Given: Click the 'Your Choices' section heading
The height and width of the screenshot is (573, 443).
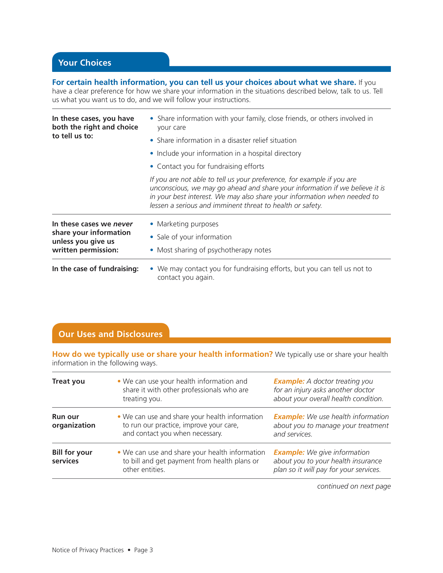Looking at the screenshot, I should pos(84,63).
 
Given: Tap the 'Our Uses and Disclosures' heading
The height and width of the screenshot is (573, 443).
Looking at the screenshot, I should pos(110,334).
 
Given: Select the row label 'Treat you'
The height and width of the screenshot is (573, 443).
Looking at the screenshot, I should pos(68,381).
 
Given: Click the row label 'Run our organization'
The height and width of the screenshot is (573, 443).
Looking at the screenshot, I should pos(73,421).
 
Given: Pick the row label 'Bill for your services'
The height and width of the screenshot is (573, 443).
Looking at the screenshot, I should pos(72,457).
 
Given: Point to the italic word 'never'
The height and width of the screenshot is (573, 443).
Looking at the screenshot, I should pos(123,224).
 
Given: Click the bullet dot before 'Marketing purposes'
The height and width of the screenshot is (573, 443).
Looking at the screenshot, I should pos(152,224).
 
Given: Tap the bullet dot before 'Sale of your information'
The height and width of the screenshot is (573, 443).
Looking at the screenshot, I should pos(152,237).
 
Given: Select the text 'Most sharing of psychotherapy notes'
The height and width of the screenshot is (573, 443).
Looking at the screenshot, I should pos(214,250).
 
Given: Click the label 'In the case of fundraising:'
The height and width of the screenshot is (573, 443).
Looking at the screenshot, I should pos(95,269).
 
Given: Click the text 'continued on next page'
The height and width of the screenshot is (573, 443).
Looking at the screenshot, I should pos(354,486).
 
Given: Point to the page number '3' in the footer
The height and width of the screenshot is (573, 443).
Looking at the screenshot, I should pos(151,550).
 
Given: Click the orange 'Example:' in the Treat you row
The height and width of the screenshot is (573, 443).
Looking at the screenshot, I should pos(289,381).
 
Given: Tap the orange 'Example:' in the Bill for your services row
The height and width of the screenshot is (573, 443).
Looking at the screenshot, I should pos(289,452).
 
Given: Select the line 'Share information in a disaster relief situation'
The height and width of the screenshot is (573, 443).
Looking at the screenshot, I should pos(226,140).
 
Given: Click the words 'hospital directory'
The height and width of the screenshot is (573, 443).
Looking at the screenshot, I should pos(274,153).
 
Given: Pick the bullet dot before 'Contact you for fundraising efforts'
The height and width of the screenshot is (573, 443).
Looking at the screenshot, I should pos(152,166).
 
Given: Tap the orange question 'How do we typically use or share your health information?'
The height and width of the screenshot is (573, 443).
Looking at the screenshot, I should pos(162,354).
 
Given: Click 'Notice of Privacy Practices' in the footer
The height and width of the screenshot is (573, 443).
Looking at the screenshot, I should pos(88,550).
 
